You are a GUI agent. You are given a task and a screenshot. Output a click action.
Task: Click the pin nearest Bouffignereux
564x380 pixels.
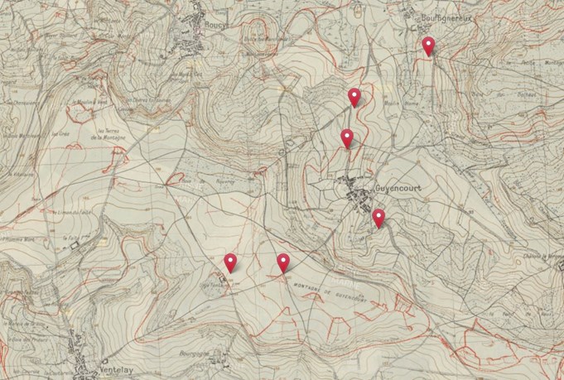click(427, 46)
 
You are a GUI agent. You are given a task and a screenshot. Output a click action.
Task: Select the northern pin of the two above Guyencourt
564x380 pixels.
click(354, 98)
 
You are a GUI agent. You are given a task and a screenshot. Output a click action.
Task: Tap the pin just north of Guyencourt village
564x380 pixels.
click(347, 138)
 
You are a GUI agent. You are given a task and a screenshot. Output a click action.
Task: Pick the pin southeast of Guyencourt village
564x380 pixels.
click(378, 219)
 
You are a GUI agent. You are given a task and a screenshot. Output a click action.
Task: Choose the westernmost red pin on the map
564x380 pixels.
click(230, 263)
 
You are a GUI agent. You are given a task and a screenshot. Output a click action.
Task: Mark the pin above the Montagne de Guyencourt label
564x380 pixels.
click(283, 263)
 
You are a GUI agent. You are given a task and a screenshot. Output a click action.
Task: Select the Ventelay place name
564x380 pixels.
click(110, 362)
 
